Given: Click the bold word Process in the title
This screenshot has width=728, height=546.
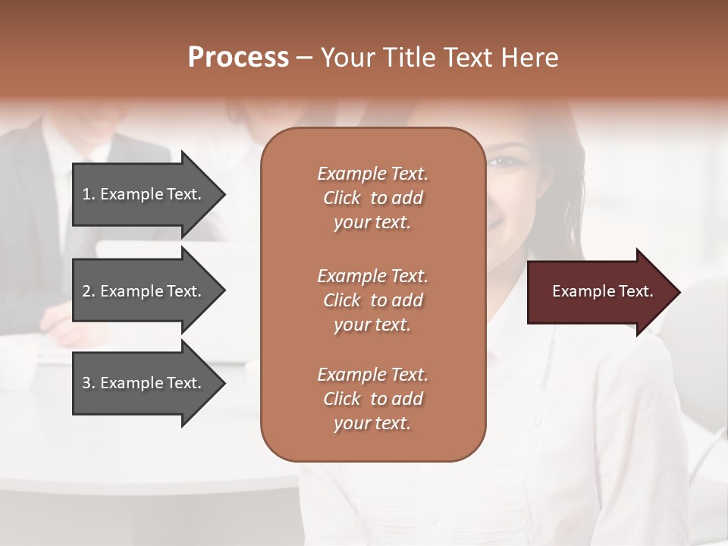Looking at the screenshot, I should (x=238, y=58).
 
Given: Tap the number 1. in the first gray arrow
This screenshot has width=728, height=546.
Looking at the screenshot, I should (x=88, y=194).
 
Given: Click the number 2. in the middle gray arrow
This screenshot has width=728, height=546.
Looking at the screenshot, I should (x=88, y=291).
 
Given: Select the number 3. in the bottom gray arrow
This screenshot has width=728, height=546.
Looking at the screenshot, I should (x=88, y=383).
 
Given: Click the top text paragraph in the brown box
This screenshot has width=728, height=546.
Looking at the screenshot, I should (x=372, y=198).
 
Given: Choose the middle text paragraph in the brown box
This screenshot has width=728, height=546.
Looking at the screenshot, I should (x=372, y=300).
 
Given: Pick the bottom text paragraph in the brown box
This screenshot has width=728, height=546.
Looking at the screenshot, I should (x=372, y=399).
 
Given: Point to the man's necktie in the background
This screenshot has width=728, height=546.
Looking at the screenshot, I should (x=76, y=227).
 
